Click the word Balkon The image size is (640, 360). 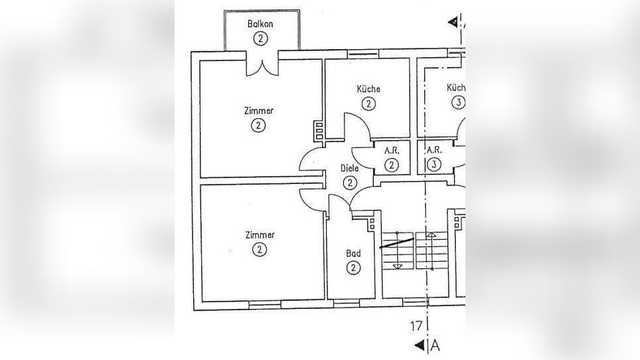[260, 24]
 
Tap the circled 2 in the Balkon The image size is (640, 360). [260, 38]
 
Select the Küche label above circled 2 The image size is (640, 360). [368, 89]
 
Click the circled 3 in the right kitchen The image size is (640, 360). [457, 102]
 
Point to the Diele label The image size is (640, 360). [350, 169]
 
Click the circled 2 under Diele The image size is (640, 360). [350, 182]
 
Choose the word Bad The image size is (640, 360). [353, 254]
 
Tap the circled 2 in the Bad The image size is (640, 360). [353, 268]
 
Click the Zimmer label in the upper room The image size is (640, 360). [259, 111]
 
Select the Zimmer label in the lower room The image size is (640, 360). [259, 235]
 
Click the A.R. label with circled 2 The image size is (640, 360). [392, 151]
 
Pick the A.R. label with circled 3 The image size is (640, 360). [434, 151]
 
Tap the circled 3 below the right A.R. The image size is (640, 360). [434, 165]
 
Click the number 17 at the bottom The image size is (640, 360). [416, 326]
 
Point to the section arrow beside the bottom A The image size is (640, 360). [420, 345]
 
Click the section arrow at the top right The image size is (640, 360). [453, 22]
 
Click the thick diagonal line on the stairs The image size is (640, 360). [396, 242]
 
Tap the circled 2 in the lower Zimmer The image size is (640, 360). [259, 250]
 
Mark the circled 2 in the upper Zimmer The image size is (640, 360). [259, 126]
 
